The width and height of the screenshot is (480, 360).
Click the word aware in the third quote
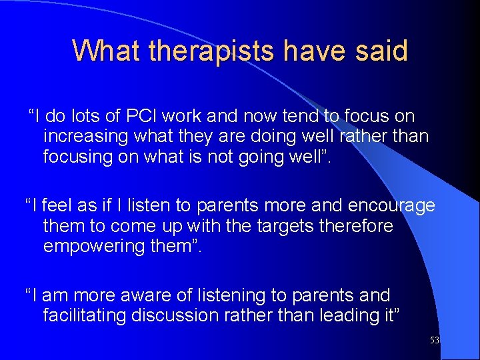152,295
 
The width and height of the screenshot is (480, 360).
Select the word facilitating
85,315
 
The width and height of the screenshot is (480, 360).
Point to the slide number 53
435,340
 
